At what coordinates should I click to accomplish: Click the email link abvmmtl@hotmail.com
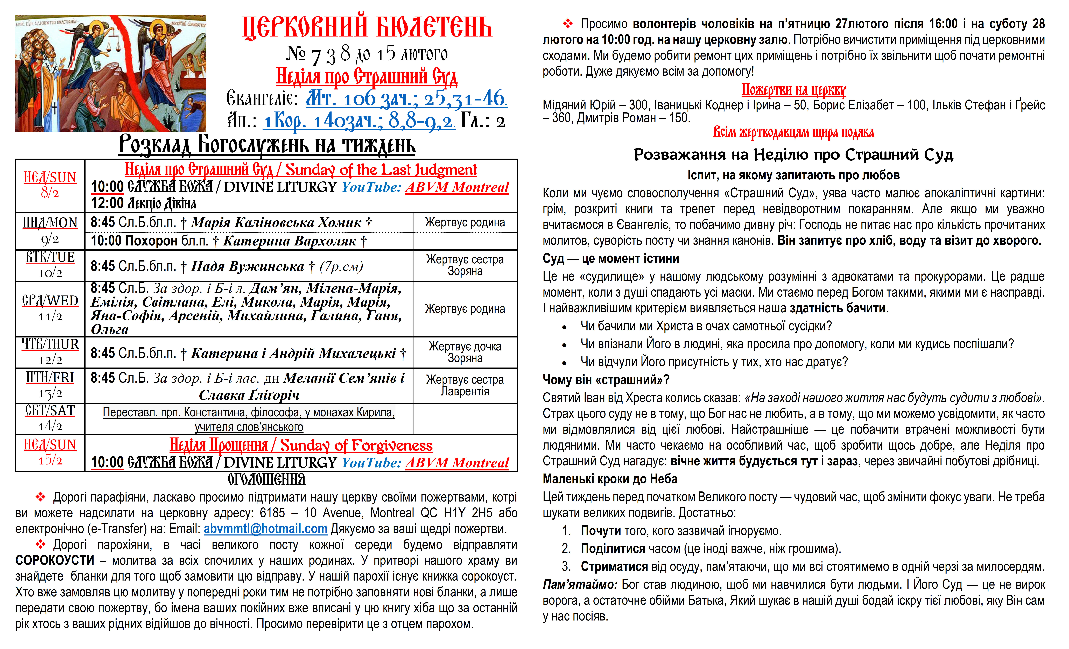click(265, 529)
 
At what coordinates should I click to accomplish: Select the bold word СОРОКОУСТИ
click(55, 561)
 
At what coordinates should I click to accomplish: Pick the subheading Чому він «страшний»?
click(606, 380)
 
